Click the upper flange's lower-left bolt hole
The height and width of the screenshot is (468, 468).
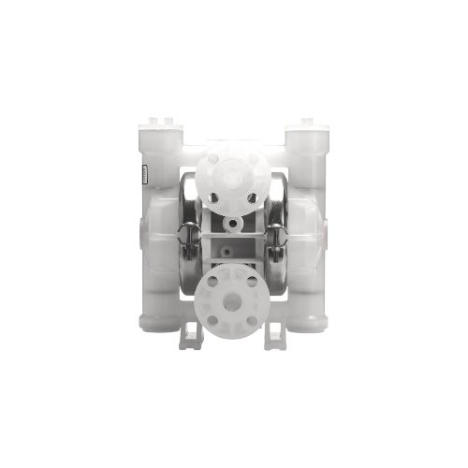(214, 197)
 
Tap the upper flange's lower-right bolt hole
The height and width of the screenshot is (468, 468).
(252, 197)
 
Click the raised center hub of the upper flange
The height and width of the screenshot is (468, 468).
(233, 178)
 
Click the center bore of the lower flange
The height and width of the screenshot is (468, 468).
(233, 298)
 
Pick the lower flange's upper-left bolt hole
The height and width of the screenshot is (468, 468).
(214, 280)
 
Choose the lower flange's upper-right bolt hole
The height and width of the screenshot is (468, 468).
(252, 280)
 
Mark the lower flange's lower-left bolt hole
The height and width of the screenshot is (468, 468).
(214, 317)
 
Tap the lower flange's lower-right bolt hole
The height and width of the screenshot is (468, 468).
(252, 317)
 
